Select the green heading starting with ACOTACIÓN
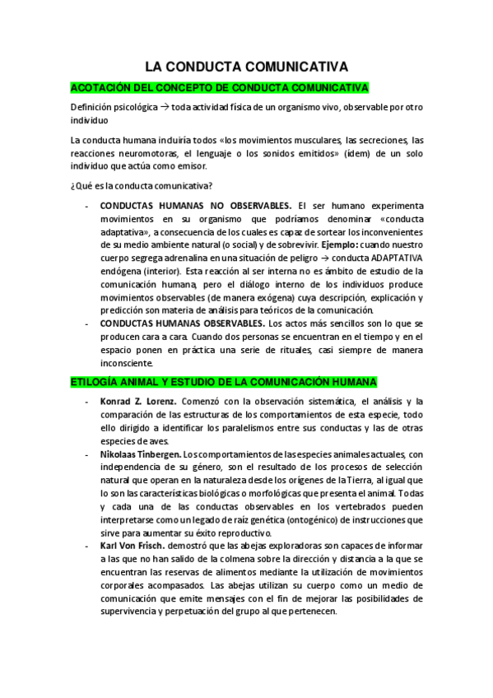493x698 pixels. (220, 87)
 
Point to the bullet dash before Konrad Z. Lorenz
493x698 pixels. (87, 402)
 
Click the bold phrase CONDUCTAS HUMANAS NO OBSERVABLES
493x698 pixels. (195, 205)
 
